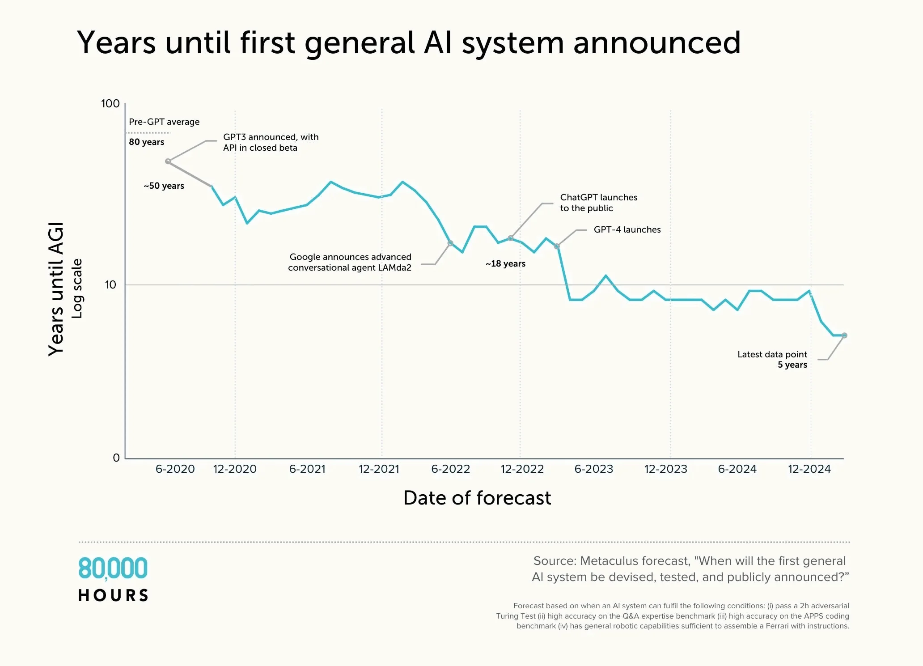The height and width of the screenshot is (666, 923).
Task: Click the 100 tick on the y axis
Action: tap(110, 104)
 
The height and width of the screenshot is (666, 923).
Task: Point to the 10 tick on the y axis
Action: tap(110, 285)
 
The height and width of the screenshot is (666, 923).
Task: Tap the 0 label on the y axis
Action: tap(116, 458)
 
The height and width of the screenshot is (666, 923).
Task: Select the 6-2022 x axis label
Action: tap(450, 469)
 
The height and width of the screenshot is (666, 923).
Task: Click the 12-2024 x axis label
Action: tap(809, 469)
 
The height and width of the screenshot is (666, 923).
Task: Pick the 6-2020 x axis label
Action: tap(175, 469)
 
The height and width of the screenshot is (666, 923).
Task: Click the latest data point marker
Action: tap(844, 335)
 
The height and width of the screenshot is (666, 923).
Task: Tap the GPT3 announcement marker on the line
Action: tap(168, 161)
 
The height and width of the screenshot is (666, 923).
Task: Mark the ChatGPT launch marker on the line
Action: tap(511, 238)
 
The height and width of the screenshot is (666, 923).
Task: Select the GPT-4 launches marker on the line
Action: tap(557, 246)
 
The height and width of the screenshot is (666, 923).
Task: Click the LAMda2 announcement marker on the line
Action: tap(451, 243)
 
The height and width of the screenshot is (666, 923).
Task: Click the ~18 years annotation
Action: tap(505, 264)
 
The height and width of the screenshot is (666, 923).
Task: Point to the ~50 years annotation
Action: tap(164, 186)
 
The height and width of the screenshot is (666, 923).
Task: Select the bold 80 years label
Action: tap(147, 142)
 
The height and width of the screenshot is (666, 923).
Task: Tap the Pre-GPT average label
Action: tap(164, 122)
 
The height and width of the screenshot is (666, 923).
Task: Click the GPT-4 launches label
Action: tap(627, 230)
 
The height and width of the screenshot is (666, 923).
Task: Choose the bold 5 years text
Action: tap(792, 365)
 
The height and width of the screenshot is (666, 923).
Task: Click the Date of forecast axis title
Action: tap(477, 498)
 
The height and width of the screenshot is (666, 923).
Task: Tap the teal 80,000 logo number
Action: tap(113, 568)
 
